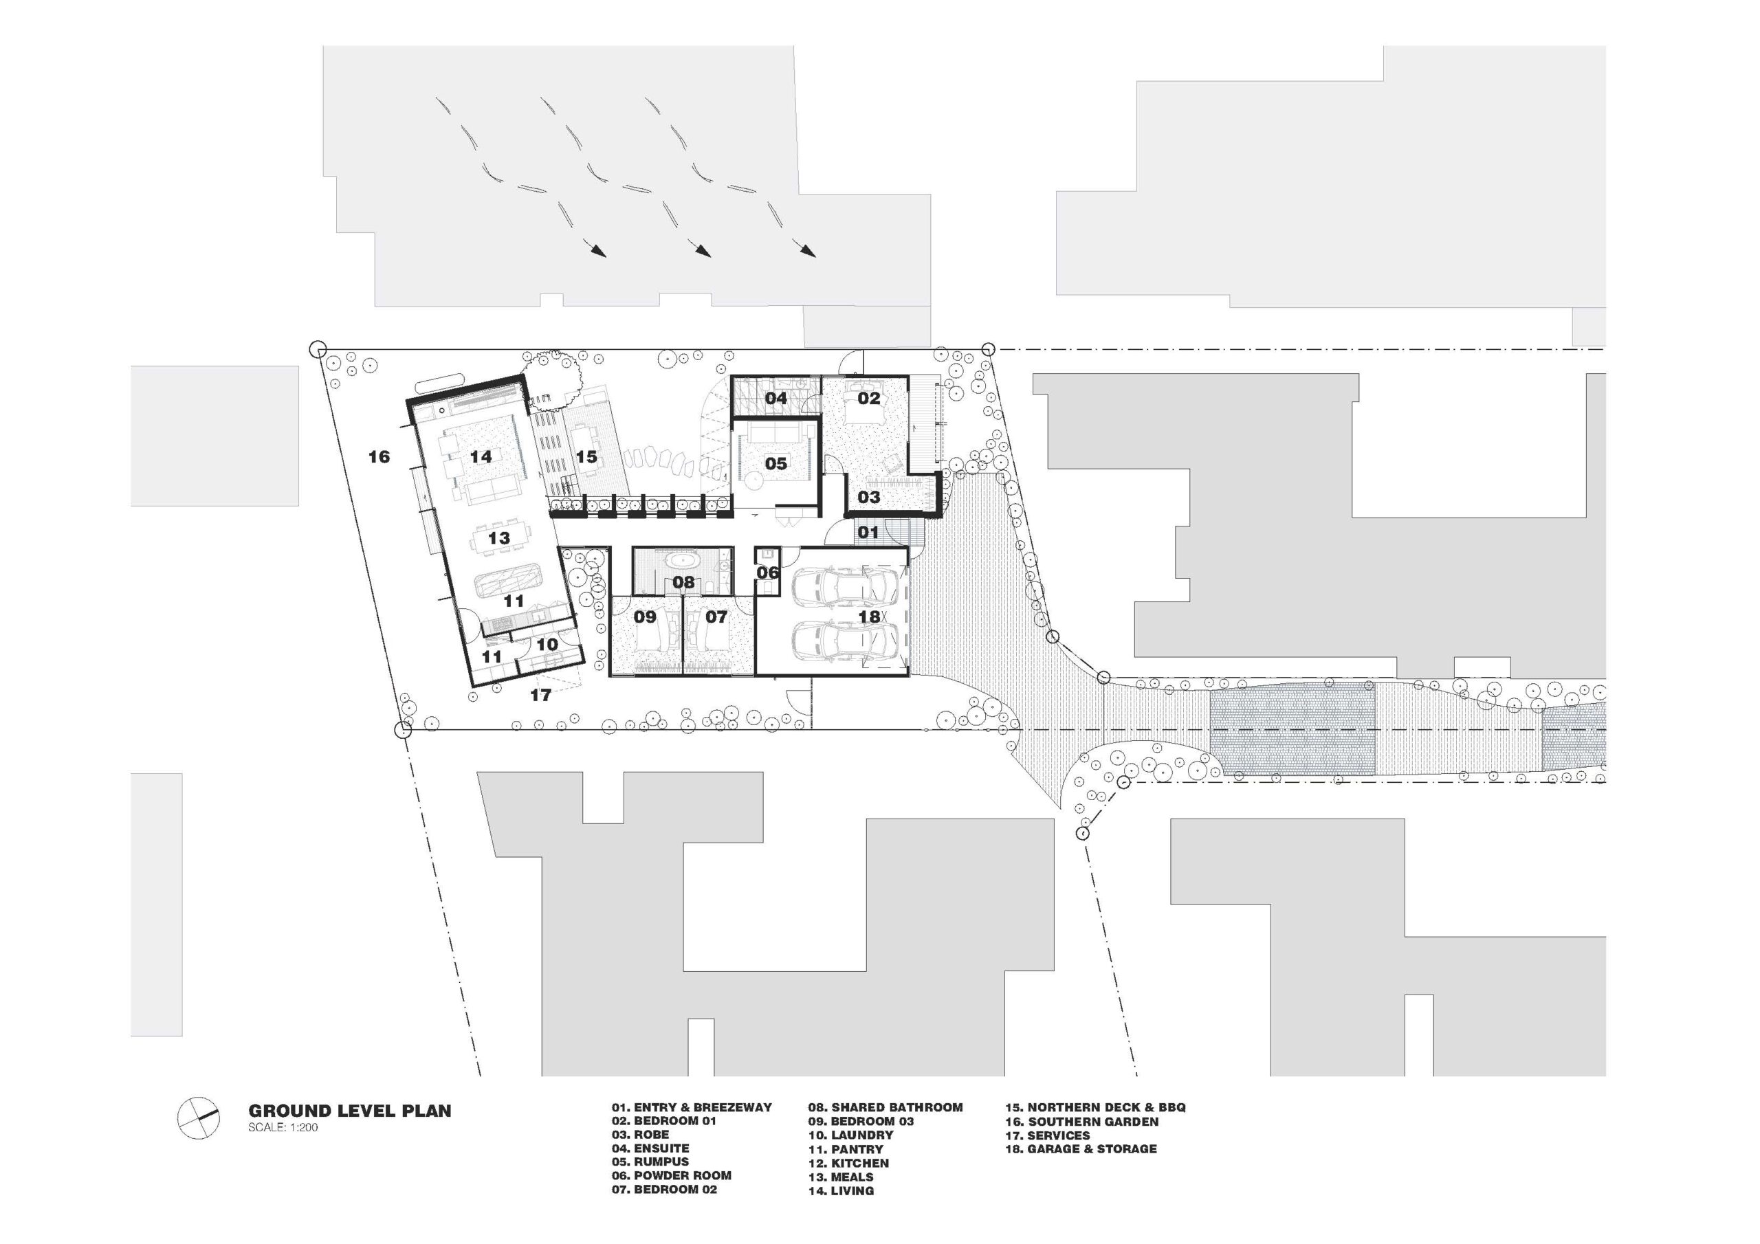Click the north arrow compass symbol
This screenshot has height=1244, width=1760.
pyautogui.click(x=199, y=1118)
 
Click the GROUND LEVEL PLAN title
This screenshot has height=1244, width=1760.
pyautogui.click(x=349, y=1111)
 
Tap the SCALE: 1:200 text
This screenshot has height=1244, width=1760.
pyautogui.click(x=283, y=1127)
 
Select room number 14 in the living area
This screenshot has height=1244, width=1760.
pyautogui.click(x=481, y=457)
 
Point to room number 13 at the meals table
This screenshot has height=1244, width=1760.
pyautogui.click(x=499, y=538)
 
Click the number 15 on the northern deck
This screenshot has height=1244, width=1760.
pyautogui.click(x=586, y=457)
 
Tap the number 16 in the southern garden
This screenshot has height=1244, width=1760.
pyautogui.click(x=379, y=457)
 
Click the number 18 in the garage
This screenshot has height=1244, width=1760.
pyautogui.click(x=868, y=617)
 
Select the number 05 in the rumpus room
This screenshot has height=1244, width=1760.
pyautogui.click(x=775, y=463)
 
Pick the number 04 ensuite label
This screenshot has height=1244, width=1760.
pyautogui.click(x=775, y=398)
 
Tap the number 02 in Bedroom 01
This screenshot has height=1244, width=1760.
pyautogui.click(x=868, y=398)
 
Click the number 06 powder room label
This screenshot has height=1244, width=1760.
pyautogui.click(x=768, y=573)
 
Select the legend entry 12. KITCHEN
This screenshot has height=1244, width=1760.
pyautogui.click(x=848, y=1163)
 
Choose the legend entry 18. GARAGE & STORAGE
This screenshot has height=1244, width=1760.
pyautogui.click(x=1081, y=1148)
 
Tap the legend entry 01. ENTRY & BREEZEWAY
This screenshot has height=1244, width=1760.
pyautogui.click(x=692, y=1107)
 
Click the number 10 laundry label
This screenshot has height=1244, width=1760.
pyautogui.click(x=547, y=645)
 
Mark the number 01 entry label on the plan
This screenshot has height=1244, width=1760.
pyautogui.click(x=868, y=532)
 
